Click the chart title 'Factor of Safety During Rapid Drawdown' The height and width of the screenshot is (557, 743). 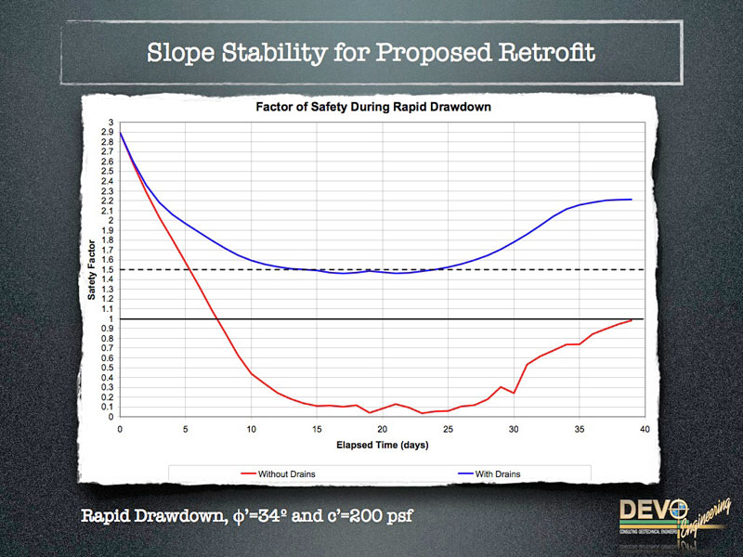[372, 107]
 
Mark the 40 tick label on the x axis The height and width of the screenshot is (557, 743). [645, 429]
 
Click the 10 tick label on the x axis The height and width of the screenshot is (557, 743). [251, 429]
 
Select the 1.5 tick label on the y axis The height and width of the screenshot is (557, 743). [110, 270]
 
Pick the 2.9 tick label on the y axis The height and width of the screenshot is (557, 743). [110, 132]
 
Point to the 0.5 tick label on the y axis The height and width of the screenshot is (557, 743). [110, 369]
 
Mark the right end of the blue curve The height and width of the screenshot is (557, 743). [632, 200]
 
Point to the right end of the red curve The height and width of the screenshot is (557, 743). [632, 320]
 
